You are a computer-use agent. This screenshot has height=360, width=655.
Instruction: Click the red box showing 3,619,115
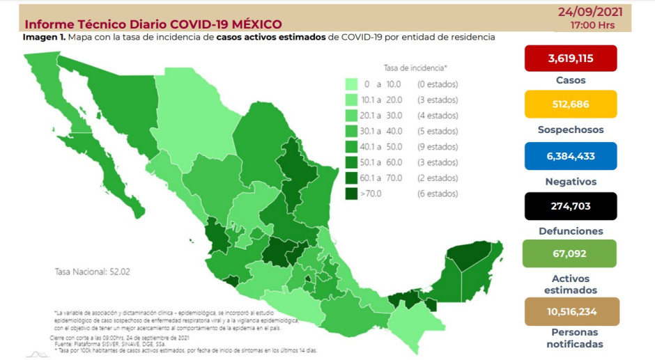pyautogui.click(x=571, y=58)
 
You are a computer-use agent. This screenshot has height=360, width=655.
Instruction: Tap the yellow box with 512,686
pyautogui.click(x=571, y=104)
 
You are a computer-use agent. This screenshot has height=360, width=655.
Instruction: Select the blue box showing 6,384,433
pyautogui.click(x=571, y=156)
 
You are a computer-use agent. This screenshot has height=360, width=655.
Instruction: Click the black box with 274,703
pyautogui.click(x=571, y=206)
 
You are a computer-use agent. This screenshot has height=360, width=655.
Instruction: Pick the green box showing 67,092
pyautogui.click(x=571, y=254)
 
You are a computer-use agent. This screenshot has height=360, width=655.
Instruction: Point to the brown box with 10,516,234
pyautogui.click(x=571, y=311)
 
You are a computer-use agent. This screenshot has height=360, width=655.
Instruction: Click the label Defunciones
pyautogui.click(x=571, y=230)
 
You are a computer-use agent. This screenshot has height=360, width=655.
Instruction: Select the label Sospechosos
pyautogui.click(x=571, y=130)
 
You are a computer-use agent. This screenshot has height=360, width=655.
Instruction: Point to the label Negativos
pyautogui.click(x=571, y=181)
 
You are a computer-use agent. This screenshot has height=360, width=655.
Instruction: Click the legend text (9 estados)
pyautogui.click(x=438, y=147)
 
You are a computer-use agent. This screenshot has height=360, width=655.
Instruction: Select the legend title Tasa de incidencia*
pyautogui.click(x=415, y=68)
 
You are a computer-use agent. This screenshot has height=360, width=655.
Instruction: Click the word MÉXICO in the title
pyautogui.click(x=252, y=25)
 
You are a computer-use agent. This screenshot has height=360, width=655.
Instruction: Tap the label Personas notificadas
pyautogui.click(x=571, y=338)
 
